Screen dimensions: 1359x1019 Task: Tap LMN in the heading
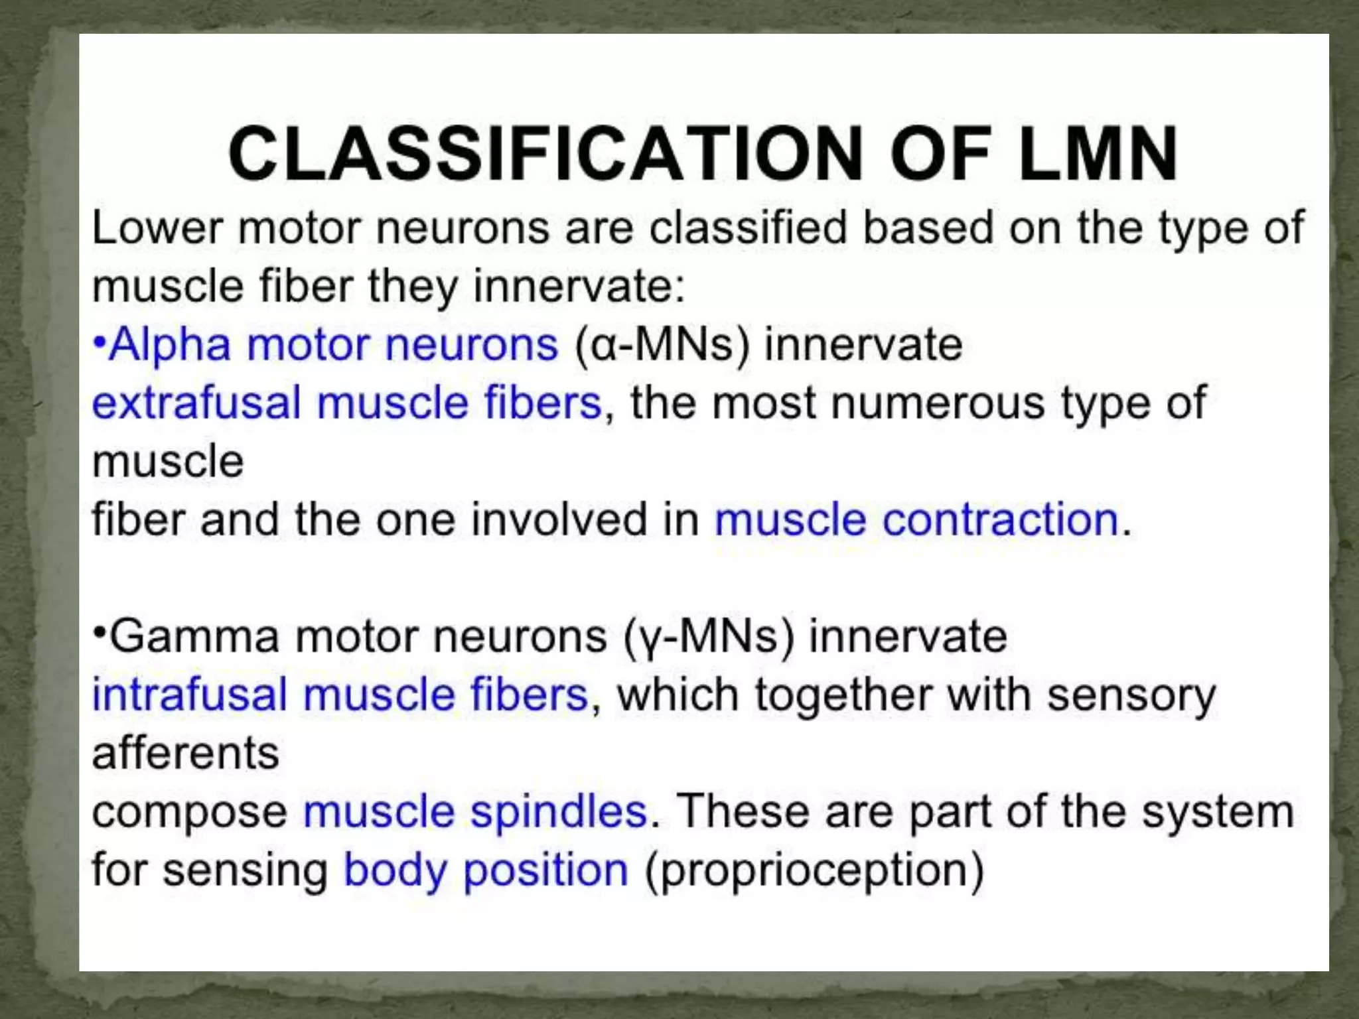(1098, 154)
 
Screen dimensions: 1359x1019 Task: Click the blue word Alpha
(170, 345)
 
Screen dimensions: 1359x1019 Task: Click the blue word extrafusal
(196, 403)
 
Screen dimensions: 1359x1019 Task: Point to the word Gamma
(194, 637)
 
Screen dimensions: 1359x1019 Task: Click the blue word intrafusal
(190, 695)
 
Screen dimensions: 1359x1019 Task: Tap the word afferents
(186, 754)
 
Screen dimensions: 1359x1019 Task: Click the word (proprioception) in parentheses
(815, 871)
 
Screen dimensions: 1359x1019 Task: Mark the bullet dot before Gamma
(100, 631)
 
